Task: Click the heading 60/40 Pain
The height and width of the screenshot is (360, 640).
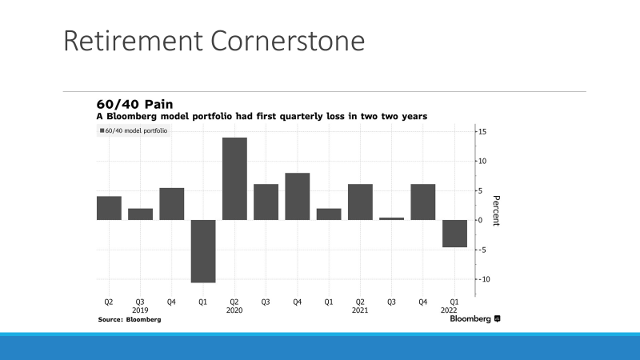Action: pyautogui.click(x=134, y=104)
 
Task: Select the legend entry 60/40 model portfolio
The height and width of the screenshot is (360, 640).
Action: pyautogui.click(x=133, y=130)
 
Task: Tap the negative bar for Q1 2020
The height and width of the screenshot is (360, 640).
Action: pyautogui.click(x=203, y=250)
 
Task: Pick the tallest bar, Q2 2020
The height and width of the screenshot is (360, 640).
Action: pyautogui.click(x=234, y=178)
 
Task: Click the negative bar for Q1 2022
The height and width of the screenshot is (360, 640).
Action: pyautogui.click(x=454, y=234)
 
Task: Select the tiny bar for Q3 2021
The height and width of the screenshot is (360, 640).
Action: pyautogui.click(x=391, y=218)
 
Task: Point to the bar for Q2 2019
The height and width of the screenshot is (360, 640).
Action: pyautogui.click(x=109, y=208)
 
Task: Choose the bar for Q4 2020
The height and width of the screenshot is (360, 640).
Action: pyautogui.click(x=297, y=196)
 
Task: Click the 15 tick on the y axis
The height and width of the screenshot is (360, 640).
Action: pyautogui.click(x=482, y=131)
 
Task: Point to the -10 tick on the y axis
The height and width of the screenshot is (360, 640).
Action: pyautogui.click(x=483, y=279)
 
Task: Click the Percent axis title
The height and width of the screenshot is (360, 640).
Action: pyautogui.click(x=496, y=210)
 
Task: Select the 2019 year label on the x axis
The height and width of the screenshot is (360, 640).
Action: pyautogui.click(x=140, y=310)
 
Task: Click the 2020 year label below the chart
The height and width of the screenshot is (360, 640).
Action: pyautogui.click(x=234, y=310)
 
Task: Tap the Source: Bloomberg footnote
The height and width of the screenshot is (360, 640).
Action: pyautogui.click(x=129, y=319)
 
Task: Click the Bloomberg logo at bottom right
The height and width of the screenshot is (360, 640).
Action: pyautogui.click(x=474, y=319)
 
